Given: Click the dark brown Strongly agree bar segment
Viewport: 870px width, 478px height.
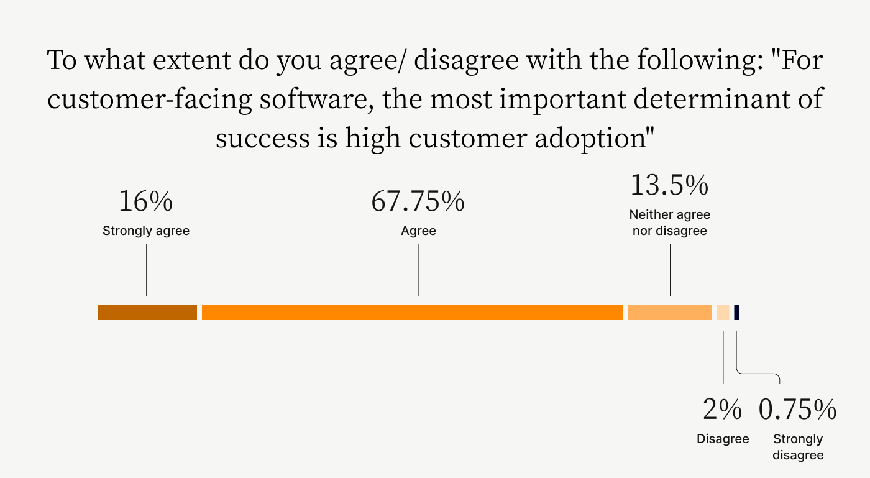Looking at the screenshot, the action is tap(147, 313).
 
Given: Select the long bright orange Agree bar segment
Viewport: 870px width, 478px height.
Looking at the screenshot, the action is tap(412, 313).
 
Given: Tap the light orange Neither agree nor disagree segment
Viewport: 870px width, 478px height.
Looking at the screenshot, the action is tap(670, 313).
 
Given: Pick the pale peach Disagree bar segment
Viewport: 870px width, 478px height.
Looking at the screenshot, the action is tap(723, 313).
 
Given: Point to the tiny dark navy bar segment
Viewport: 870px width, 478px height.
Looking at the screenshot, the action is tap(736, 313).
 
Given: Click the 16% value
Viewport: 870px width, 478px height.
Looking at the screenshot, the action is tap(145, 201).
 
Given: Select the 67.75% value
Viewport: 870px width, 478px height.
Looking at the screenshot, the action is tap(418, 201).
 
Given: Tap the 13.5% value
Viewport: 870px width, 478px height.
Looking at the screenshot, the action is tap(670, 185).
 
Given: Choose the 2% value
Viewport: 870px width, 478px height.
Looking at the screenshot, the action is tap(722, 409).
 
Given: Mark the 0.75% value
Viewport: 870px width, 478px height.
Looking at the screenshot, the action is tap(798, 409).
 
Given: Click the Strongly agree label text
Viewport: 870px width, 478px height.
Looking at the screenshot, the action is tap(146, 231).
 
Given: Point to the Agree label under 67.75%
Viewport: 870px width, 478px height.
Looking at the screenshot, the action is tap(418, 231).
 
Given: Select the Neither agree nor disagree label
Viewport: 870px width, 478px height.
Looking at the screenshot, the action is tap(670, 223).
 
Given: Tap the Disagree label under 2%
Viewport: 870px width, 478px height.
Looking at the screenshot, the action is tap(723, 439).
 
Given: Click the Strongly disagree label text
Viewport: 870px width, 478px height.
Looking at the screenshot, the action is tap(798, 447).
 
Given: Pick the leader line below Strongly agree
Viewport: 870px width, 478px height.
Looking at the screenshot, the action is tap(147, 270).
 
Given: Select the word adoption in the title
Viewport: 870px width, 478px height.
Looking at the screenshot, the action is tap(590, 139).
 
